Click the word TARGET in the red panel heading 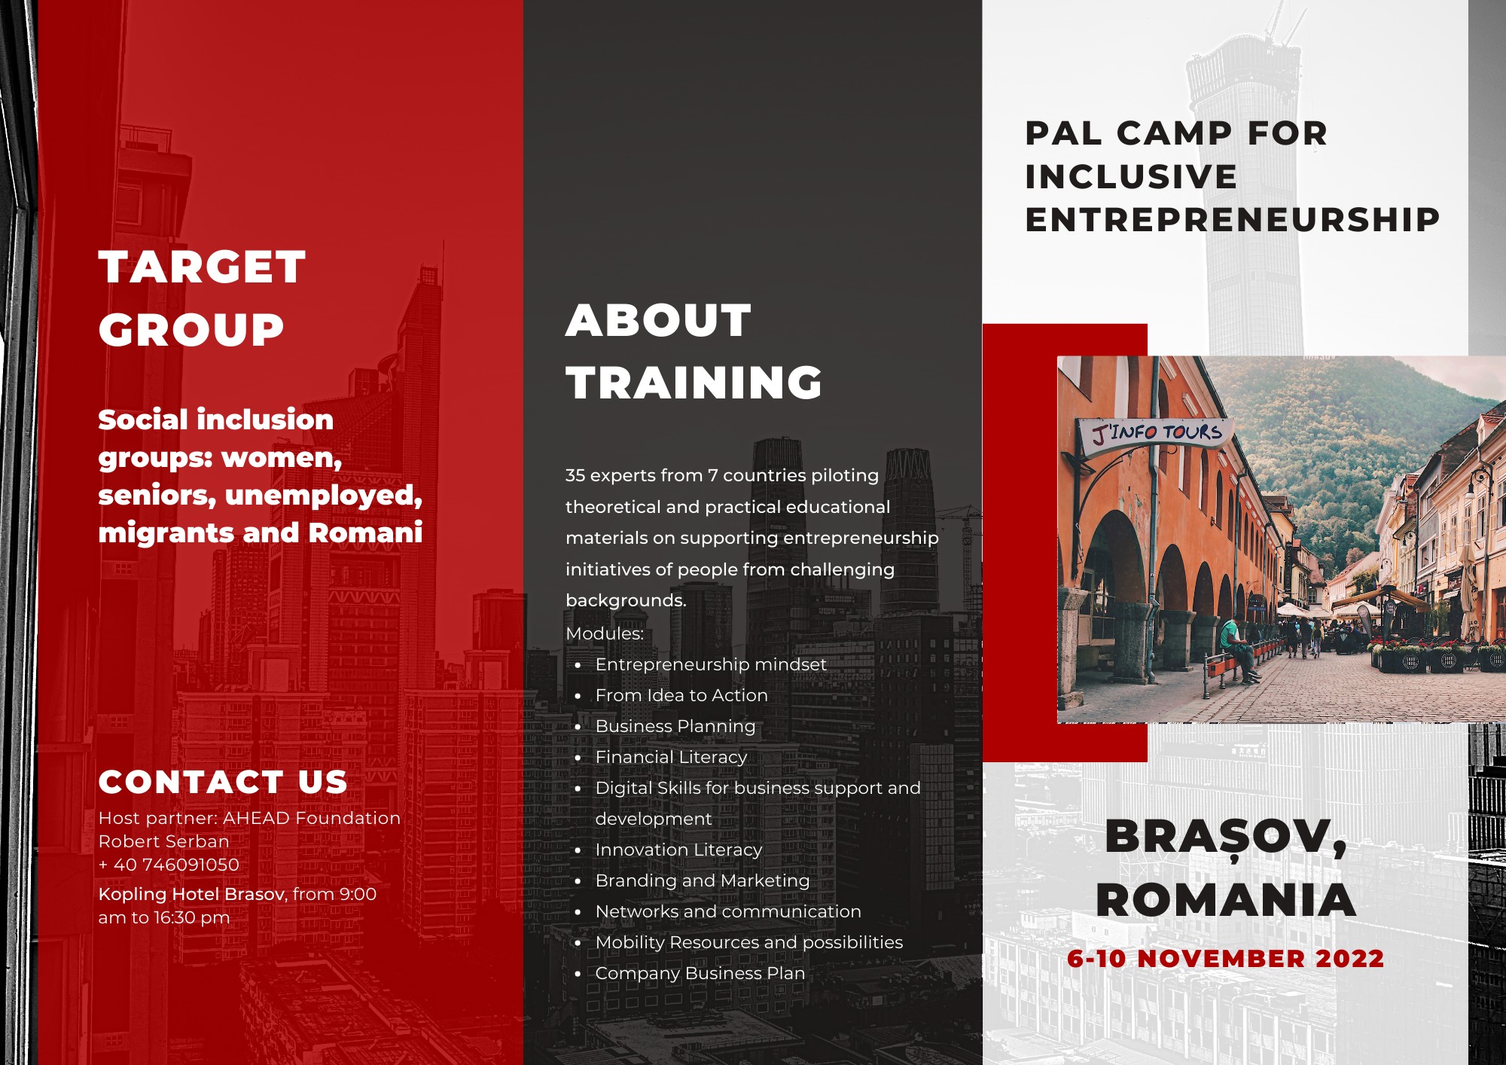coord(202,267)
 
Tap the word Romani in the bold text coord(365,532)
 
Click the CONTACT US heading coord(223,783)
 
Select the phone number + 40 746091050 coord(169,865)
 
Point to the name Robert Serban coord(163,841)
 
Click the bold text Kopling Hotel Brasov coord(191,894)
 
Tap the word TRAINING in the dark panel coord(694,383)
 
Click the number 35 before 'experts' coord(575,475)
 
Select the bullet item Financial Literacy coord(671,757)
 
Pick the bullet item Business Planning coord(675,726)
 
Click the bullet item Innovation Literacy coord(678,850)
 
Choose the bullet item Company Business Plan coord(700,973)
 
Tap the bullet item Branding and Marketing coord(702,880)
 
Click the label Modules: coord(605,633)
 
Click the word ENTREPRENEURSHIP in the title coord(1233,220)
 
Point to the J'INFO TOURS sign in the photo coord(1157,433)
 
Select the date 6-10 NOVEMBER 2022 coord(1225,959)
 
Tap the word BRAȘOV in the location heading coord(1226,838)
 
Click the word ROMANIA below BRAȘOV coord(1226,900)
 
